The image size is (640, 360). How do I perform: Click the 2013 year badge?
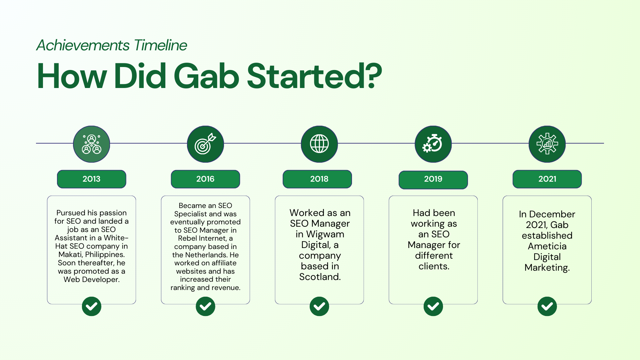[91, 179]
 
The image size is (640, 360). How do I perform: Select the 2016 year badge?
[205, 179]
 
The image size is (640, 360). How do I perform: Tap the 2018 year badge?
[317, 179]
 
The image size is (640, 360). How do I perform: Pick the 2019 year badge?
[433, 180]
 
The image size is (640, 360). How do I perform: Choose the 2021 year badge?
[547, 179]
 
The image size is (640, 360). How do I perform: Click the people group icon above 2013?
[92, 144]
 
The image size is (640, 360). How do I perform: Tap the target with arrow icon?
[205, 144]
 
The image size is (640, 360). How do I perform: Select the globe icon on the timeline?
[319, 144]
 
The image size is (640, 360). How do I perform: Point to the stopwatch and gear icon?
[433, 144]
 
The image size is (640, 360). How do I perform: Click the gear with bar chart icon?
[547, 144]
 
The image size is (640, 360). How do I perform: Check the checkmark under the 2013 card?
[92, 306]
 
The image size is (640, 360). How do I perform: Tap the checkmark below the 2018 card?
[319, 306]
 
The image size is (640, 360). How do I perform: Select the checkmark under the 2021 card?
[547, 306]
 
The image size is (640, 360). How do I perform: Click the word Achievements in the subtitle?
[83, 45]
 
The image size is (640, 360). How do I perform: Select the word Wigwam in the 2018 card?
[325, 234]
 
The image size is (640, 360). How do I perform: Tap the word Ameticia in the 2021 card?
[547, 246]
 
